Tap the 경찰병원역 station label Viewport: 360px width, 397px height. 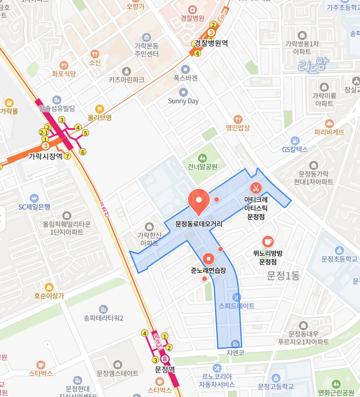211,43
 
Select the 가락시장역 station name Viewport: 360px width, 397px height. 45,156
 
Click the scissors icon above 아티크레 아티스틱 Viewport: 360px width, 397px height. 256,188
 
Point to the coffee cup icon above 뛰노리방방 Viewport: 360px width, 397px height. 268,242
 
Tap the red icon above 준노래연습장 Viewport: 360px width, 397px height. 208,259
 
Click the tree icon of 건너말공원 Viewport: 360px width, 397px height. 202,158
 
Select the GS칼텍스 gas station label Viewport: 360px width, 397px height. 295,149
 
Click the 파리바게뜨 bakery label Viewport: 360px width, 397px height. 329,132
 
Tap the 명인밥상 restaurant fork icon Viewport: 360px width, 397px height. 238,119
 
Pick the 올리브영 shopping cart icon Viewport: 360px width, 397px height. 99,109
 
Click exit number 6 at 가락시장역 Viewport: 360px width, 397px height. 83,152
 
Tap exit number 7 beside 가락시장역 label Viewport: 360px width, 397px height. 67,156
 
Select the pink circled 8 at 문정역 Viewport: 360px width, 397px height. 164,359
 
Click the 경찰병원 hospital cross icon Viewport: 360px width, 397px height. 192,10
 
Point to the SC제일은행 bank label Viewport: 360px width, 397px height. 34,207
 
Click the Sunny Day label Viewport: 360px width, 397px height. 183,101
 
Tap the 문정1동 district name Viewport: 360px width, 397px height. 283,275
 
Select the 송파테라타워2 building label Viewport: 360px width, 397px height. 103,318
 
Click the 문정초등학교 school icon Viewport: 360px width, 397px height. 339,250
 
